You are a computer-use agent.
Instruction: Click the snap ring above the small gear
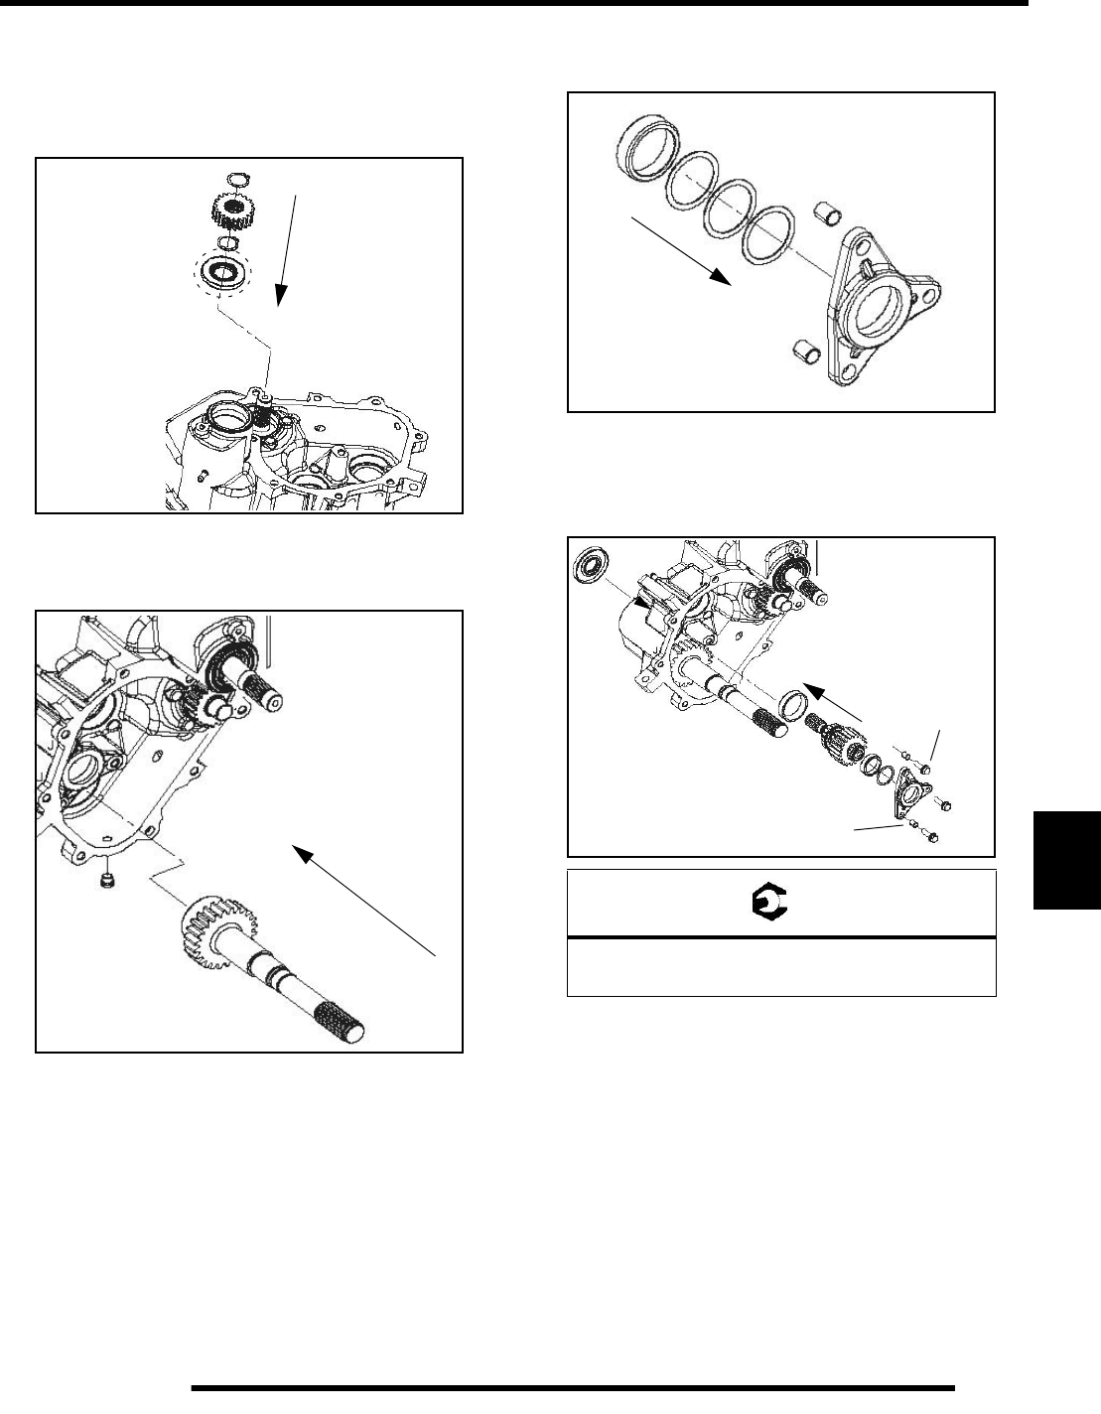point(236,180)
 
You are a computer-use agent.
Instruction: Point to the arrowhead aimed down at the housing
point(281,294)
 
